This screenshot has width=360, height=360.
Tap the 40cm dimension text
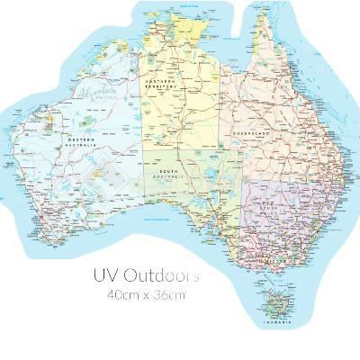click(124, 294)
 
